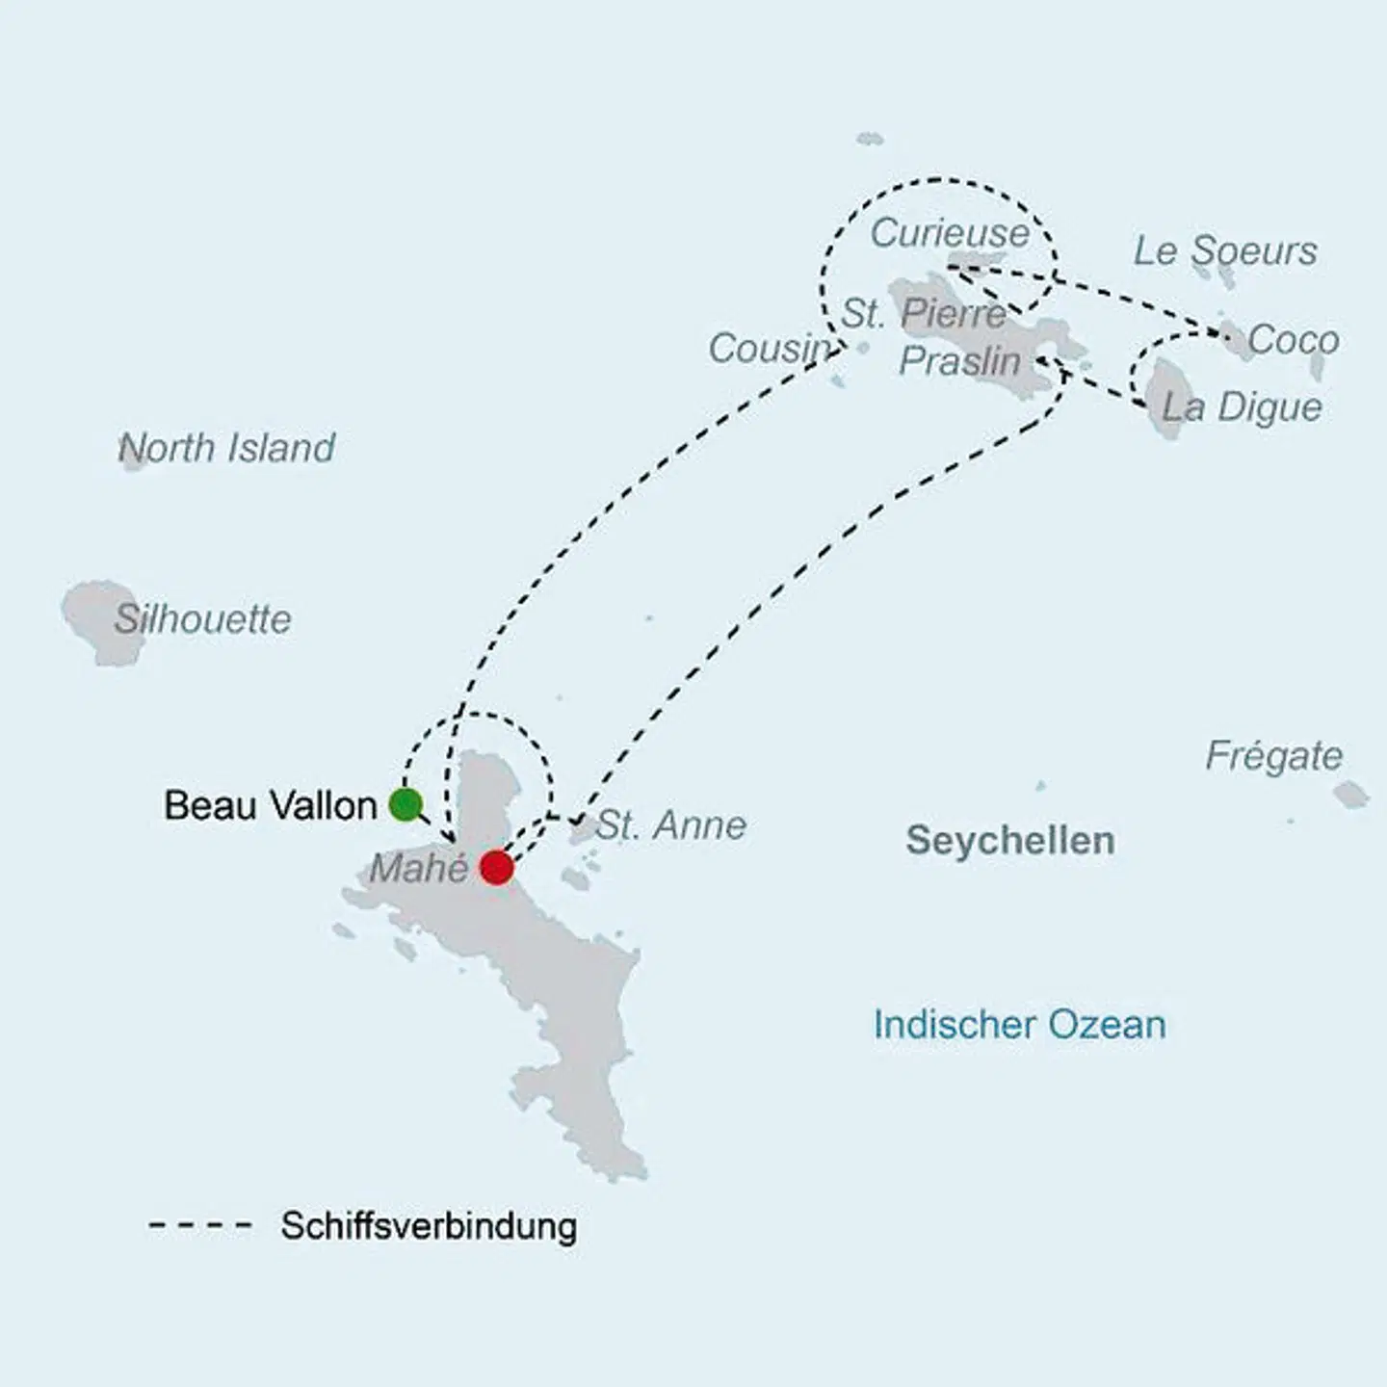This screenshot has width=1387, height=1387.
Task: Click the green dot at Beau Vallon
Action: pos(406,804)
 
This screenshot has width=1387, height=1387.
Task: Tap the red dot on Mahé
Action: pos(496,867)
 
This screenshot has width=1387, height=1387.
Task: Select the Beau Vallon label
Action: pos(270,805)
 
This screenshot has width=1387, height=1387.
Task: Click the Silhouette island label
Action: pos(202,618)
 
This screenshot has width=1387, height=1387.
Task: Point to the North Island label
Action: pos(227,448)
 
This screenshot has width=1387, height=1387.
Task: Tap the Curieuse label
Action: pos(950,233)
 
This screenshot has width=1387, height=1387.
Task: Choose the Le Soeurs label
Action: pos(1224,250)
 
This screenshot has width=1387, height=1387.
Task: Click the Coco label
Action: pos(1293,340)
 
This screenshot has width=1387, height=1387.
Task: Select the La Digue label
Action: pos(1242,406)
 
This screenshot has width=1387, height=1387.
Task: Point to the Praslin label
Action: pos(959,361)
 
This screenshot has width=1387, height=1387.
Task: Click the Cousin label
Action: pos(770,348)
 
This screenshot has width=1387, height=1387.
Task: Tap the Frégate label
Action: pos(1273,756)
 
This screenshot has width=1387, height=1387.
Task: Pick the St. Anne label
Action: pos(671,825)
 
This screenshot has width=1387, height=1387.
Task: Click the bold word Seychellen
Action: pos(1009,841)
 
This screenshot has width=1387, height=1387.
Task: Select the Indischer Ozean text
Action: pos(1019,1024)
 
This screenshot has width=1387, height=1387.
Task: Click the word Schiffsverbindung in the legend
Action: pos(429,1226)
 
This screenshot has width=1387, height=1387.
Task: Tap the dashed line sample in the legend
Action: pos(200,1226)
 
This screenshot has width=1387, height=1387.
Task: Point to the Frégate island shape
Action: pos(1350,795)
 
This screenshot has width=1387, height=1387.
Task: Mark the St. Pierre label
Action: pos(924,313)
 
